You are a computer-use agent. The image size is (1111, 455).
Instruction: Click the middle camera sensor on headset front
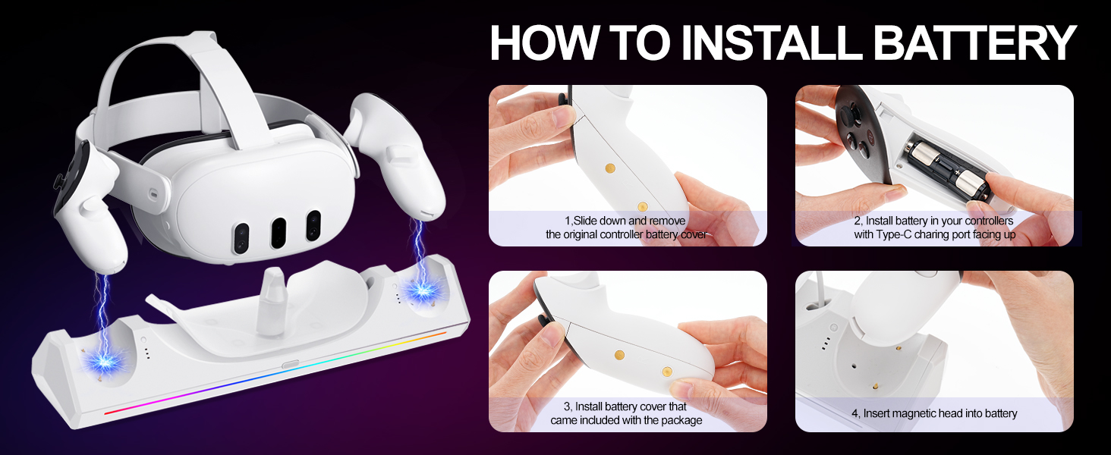[279, 234]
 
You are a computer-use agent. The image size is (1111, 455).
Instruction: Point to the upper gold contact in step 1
[609, 165]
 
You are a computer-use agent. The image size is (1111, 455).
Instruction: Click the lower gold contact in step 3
[667, 371]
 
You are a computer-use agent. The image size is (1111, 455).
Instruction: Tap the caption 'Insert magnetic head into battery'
[934, 413]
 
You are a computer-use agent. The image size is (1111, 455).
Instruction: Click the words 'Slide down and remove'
[626, 221]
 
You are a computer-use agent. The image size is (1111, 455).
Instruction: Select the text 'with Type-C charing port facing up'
[934, 235]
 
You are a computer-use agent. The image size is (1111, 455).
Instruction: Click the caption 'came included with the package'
[626, 420]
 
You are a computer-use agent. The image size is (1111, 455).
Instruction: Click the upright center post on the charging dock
[269, 307]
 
